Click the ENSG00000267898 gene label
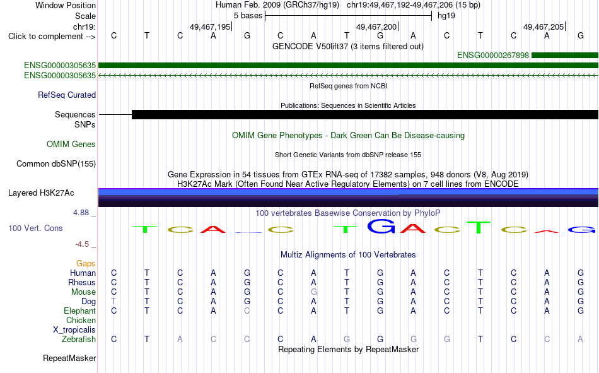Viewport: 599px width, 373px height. pyautogui.click(x=493, y=56)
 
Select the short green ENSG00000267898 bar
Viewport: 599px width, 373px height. pyautogui.click(x=565, y=56)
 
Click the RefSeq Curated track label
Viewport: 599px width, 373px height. pyautogui.click(x=67, y=95)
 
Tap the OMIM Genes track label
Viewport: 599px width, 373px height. pyautogui.click(x=71, y=145)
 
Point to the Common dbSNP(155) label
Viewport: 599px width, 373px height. pyautogui.click(x=56, y=163)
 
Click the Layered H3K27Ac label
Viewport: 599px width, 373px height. pyautogui.click(x=41, y=193)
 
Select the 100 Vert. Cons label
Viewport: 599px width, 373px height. pyautogui.click(x=35, y=228)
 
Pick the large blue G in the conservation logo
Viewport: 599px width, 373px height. pyautogui.click(x=381, y=226)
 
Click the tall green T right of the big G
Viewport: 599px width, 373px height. pyautogui.click(x=479, y=227)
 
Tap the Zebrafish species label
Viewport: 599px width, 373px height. pyautogui.click(x=79, y=340)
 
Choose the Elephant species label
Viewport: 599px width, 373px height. pyautogui.click(x=80, y=311)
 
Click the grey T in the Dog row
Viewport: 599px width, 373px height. pyautogui.click(x=113, y=301)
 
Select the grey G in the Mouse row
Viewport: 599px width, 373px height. pyautogui.click(x=313, y=292)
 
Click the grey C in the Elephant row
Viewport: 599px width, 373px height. pyautogui.click(x=247, y=311)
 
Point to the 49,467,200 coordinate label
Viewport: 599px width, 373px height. pyautogui.click(x=376, y=27)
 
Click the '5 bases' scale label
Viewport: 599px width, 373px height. pyautogui.click(x=248, y=16)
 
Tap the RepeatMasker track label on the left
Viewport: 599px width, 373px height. pyautogui.click(x=69, y=358)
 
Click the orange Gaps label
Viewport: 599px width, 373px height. pyautogui.click(x=86, y=264)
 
